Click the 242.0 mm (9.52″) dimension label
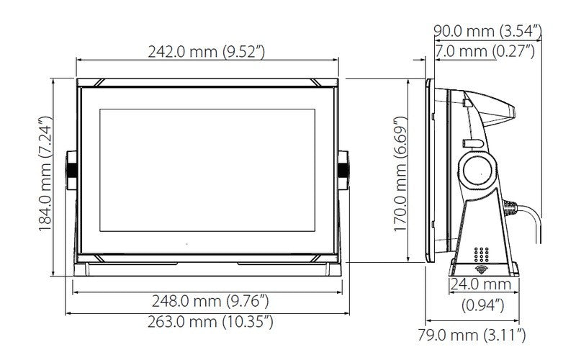(x=206, y=52)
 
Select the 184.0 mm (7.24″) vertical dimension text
(x=46, y=174)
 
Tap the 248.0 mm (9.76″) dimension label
(x=210, y=301)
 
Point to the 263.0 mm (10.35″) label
(x=210, y=322)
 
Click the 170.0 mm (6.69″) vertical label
(x=401, y=174)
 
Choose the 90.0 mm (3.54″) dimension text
(x=488, y=31)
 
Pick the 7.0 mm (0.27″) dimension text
(x=485, y=50)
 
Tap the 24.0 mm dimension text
(x=481, y=284)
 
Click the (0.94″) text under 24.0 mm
(x=482, y=305)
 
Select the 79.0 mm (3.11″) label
(x=472, y=335)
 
